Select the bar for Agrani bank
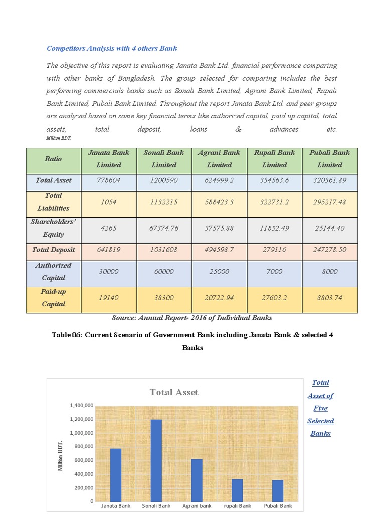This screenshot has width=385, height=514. (197, 480)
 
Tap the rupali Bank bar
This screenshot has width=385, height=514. (237, 490)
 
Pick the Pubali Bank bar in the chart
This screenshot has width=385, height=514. (278, 490)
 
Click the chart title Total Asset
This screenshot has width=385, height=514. (173, 392)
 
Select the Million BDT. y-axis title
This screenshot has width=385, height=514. (61, 456)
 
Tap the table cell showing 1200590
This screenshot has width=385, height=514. (164, 180)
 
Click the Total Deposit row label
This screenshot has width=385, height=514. (54, 250)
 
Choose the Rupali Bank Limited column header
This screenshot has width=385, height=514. (274, 158)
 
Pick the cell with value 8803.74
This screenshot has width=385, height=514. (330, 298)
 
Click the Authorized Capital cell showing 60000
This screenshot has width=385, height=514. (164, 271)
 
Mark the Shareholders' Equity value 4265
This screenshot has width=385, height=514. (109, 228)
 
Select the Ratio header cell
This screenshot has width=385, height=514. (53, 159)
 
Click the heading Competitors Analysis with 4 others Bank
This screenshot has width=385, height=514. (112, 49)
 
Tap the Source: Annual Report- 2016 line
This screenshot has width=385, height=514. (192, 318)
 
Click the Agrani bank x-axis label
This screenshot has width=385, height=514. (197, 506)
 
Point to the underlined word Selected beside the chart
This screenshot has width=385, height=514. (320, 421)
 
